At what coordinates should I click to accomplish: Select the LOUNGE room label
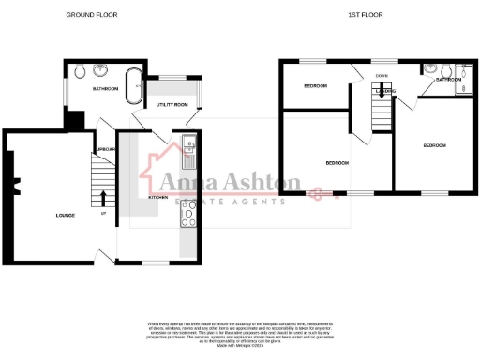point(65,216)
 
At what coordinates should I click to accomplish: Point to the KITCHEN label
point(158,198)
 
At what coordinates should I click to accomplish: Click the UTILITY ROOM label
point(172,104)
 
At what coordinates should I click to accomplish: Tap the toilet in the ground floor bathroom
point(80,71)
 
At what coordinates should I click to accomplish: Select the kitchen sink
point(188,145)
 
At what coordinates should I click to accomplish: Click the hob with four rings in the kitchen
point(188,218)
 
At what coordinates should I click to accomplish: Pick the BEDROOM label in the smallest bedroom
point(316,86)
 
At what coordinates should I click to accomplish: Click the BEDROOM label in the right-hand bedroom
point(433,145)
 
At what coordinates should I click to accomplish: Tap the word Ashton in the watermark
point(262,182)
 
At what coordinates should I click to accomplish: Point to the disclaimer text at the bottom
point(240,328)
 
